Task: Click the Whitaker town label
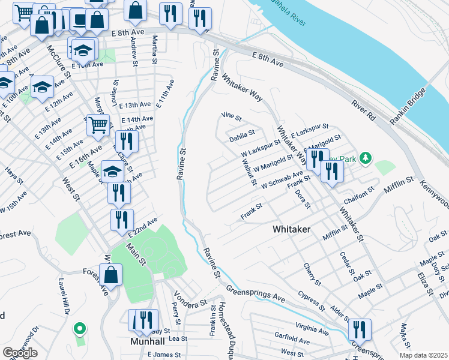click(292, 229)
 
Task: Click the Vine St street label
click(231, 117)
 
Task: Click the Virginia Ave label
click(312, 331)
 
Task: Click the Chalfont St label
click(359, 193)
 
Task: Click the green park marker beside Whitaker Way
click(364, 159)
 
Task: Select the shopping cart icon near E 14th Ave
click(98, 125)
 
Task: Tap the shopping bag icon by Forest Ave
click(112, 274)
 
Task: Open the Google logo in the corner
click(20, 352)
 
